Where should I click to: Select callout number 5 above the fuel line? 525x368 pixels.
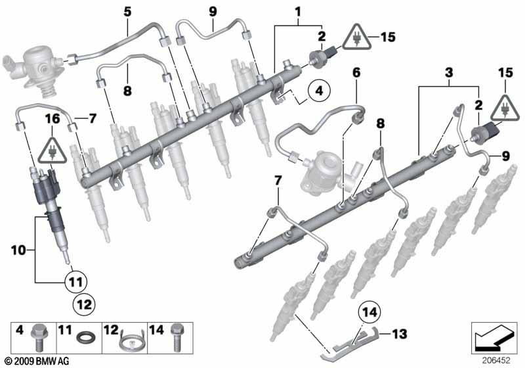point(127,11)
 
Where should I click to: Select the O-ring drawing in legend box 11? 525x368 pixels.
point(85,341)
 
